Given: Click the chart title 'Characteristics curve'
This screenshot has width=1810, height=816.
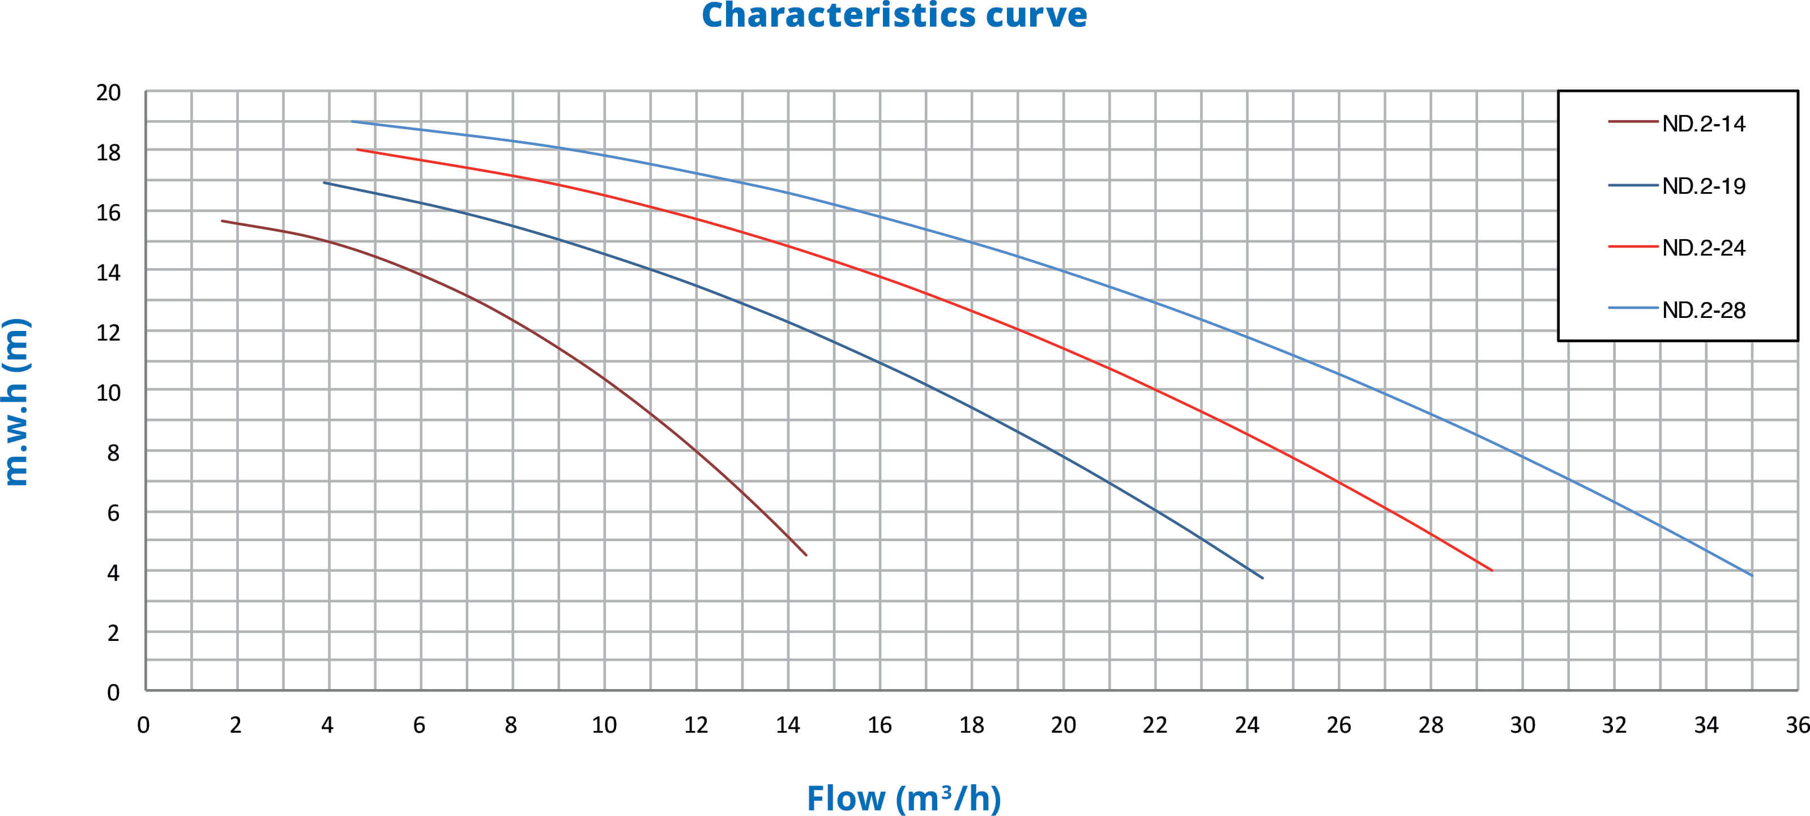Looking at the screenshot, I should coord(894,15).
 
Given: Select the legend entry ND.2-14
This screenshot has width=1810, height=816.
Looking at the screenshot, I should coord(1703,124).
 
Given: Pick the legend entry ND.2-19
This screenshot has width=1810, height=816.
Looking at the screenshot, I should coord(1703,186).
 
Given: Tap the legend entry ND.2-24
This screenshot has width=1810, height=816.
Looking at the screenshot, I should coord(1703,248).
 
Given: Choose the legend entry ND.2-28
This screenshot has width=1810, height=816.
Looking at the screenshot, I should coord(1703,310).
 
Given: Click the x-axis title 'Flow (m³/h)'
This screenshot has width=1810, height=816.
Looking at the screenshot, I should coord(904,798).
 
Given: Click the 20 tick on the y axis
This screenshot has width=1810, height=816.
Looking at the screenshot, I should coord(108,93).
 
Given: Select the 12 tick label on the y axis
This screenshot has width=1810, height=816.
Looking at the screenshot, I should coord(108,333).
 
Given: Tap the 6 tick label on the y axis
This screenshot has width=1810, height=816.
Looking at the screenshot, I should coord(113,513).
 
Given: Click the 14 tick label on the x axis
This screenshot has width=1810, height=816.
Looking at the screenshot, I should coord(788,725).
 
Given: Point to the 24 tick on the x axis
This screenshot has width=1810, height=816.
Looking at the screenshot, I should coord(1247,725).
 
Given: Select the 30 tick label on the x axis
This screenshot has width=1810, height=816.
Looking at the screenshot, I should coord(1523,725).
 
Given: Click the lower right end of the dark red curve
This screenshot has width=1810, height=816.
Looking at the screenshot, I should coord(806,555).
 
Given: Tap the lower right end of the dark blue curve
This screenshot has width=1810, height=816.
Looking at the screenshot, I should coord(1263,578).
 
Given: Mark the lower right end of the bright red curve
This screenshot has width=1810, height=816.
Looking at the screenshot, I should coord(1492,570).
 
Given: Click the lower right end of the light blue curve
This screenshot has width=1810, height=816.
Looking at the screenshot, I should coord(1752,576).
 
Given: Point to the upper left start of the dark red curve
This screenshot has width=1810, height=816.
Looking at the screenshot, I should coord(222,220).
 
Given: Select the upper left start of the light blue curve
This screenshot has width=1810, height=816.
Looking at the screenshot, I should coord(352,122).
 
